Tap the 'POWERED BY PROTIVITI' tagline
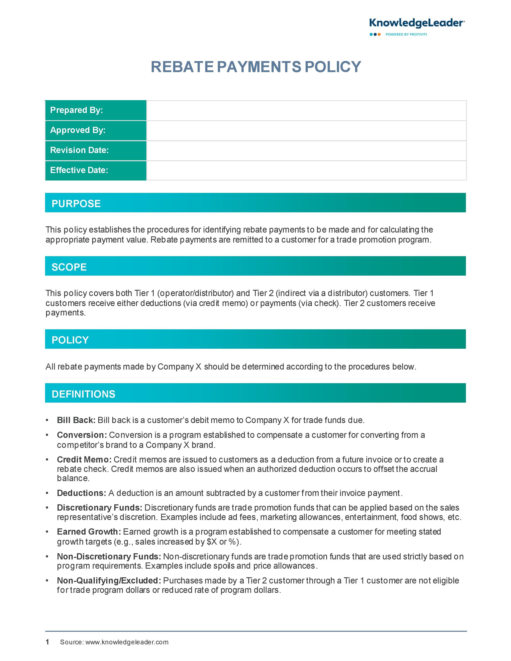click(x=406, y=34)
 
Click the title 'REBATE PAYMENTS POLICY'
click(x=256, y=67)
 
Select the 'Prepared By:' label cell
click(x=96, y=110)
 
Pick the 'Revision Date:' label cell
click(x=96, y=150)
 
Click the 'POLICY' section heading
click(x=70, y=340)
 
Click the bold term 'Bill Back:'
click(x=76, y=420)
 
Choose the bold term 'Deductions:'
click(x=81, y=493)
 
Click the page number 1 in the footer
click(x=47, y=642)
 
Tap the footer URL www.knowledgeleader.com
click(x=127, y=642)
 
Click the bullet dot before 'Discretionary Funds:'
click(x=47, y=508)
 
